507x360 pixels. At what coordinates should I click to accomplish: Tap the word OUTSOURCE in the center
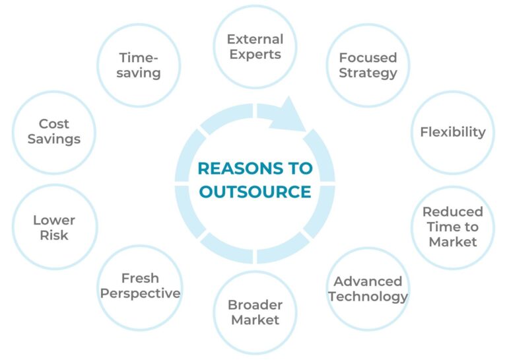pyautogui.click(x=255, y=192)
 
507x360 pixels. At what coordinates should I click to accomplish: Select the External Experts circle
pyautogui.click(x=255, y=47)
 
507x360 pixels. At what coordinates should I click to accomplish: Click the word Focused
pyautogui.click(x=368, y=57)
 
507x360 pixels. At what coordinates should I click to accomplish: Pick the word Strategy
pyautogui.click(x=368, y=73)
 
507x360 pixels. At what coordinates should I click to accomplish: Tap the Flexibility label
pyautogui.click(x=453, y=132)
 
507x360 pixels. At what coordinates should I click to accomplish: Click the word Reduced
pyautogui.click(x=453, y=212)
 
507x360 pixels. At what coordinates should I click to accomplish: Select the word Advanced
pyautogui.click(x=368, y=281)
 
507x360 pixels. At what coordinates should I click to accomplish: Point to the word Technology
pyautogui.click(x=368, y=297)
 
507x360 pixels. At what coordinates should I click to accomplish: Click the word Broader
pyautogui.click(x=255, y=305)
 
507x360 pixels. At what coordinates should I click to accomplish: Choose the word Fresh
pyautogui.click(x=140, y=278)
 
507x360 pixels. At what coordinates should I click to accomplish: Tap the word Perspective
pyautogui.click(x=140, y=293)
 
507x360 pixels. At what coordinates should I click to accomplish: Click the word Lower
pyautogui.click(x=54, y=220)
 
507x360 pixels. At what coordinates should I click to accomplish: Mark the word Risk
pyautogui.click(x=54, y=235)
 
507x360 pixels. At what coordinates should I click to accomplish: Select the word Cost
pyautogui.click(x=54, y=124)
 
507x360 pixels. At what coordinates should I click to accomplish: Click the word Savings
pyautogui.click(x=54, y=139)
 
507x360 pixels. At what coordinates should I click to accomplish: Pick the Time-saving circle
pyautogui.click(x=139, y=65)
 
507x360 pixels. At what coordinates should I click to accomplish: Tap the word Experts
pyautogui.click(x=255, y=54)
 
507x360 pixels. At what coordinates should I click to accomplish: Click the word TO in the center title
pyautogui.click(x=300, y=168)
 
